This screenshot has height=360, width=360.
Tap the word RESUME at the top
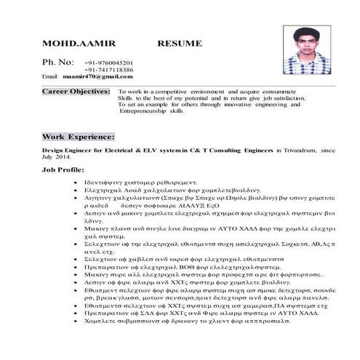180,44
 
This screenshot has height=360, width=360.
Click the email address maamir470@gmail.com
92,76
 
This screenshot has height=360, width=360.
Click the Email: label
50,76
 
